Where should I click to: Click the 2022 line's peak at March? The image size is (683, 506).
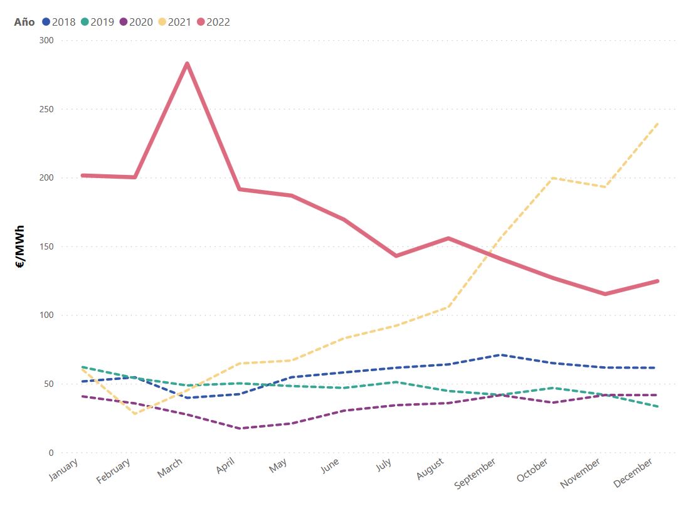[187, 64]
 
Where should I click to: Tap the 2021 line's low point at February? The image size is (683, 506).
[135, 414]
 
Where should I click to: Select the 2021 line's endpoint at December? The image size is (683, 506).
[657, 124]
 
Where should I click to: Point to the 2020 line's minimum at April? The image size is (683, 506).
[239, 428]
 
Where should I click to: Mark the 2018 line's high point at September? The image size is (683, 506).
[500, 355]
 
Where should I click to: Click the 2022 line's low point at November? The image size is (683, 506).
[605, 293]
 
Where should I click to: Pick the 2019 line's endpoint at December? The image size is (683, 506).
[657, 406]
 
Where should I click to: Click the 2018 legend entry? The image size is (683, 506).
[58, 22]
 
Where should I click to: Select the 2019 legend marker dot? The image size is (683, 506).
[84, 22]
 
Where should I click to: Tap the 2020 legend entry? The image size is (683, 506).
[135, 22]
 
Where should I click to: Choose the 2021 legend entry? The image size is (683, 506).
[174, 22]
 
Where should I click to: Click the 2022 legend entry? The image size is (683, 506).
[213, 22]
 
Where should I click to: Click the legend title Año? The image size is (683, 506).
[24, 22]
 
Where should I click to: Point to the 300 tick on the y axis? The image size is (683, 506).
[47, 41]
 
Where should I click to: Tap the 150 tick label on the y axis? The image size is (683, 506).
[47, 246]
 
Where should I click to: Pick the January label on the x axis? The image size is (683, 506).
[65, 470]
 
